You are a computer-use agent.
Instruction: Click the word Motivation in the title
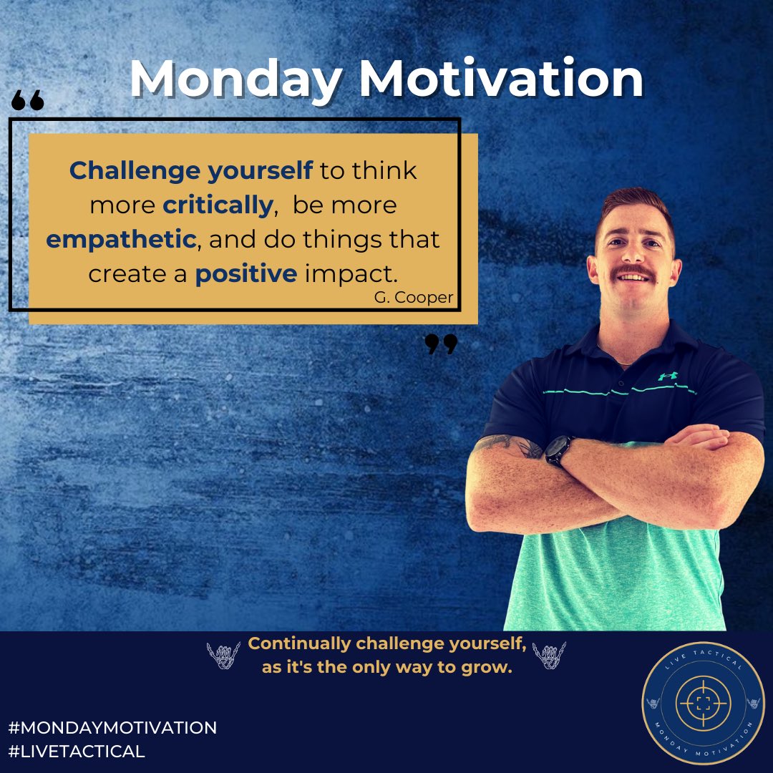[500, 79]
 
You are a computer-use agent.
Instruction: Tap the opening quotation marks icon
[28, 102]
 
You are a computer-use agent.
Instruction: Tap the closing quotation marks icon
[441, 344]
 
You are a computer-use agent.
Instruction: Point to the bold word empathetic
[121, 239]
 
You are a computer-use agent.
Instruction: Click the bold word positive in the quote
[245, 273]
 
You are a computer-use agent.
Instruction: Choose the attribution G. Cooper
[413, 298]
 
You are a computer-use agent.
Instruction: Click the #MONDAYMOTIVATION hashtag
[112, 728]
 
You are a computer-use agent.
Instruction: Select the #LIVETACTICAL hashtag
[77, 751]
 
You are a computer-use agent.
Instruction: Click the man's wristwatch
[558, 451]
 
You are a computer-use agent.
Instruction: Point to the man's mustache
[634, 271]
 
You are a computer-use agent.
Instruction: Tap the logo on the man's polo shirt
[666, 375]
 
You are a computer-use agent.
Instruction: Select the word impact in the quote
[336, 273]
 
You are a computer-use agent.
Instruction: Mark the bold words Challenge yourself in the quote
[191, 170]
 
